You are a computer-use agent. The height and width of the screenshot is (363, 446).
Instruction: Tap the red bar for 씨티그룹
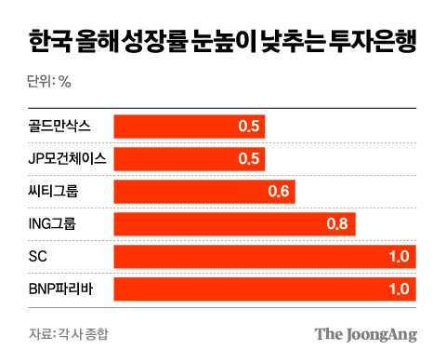(x=204, y=193)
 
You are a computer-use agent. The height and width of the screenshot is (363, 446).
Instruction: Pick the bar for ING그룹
(x=234, y=224)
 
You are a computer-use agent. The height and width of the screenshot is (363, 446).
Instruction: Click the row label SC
(x=38, y=257)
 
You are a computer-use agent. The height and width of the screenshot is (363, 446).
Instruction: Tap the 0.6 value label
(x=280, y=193)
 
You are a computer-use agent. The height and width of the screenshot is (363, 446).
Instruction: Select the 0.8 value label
(x=338, y=224)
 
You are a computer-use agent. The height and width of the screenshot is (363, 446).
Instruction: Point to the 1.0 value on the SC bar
(x=399, y=257)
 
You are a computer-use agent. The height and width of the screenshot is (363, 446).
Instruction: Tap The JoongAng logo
(x=365, y=334)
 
